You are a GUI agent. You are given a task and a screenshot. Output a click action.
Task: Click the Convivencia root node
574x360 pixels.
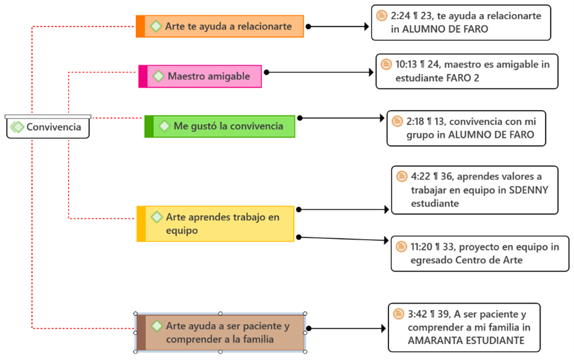pyautogui.click(x=48, y=127)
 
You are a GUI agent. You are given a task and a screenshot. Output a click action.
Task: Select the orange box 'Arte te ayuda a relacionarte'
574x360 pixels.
pyautogui.click(x=220, y=27)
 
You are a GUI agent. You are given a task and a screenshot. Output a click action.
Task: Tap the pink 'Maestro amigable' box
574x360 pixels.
pyautogui.click(x=200, y=76)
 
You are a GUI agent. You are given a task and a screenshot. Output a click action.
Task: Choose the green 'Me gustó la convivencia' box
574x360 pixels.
pyautogui.click(x=220, y=126)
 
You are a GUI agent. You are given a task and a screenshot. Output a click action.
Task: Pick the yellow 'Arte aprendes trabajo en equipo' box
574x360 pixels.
pyautogui.click(x=215, y=224)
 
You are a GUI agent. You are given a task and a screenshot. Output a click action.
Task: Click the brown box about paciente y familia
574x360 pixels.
pyautogui.click(x=220, y=333)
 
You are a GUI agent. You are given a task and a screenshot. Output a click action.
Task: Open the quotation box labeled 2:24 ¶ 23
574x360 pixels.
pyautogui.click(x=461, y=22)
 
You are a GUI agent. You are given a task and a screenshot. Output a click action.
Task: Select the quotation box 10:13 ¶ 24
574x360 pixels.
pyautogui.click(x=467, y=71)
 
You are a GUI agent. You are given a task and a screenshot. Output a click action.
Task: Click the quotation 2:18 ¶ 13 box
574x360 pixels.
pyautogui.click(x=466, y=128)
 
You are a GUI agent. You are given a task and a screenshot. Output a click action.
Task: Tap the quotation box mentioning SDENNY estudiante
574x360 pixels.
pyautogui.click(x=474, y=190)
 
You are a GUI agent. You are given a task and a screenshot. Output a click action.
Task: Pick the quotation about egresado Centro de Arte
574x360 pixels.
pyautogui.click(x=480, y=254)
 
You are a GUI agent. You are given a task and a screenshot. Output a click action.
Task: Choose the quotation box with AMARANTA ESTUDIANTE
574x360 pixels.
pyautogui.click(x=464, y=327)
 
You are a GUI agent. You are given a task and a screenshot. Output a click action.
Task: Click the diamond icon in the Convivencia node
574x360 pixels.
pyautogui.click(x=17, y=127)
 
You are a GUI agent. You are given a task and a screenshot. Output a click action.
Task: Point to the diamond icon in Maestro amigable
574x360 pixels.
pyautogui.click(x=158, y=76)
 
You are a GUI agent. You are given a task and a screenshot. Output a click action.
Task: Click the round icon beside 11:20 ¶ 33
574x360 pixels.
pyautogui.click(x=401, y=246)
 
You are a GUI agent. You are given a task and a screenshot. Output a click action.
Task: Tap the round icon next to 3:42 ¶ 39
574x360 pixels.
pyautogui.click(x=398, y=314)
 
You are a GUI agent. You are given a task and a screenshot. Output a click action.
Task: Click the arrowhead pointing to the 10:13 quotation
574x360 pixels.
pyautogui.click(x=371, y=72)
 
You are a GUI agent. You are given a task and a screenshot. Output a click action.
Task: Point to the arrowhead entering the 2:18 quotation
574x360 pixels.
pyautogui.click(x=382, y=118)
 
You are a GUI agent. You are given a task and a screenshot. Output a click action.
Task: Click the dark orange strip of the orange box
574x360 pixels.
pyautogui.click(x=140, y=27)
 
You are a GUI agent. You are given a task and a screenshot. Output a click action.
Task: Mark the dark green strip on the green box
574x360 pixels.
pyautogui.click(x=149, y=126)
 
